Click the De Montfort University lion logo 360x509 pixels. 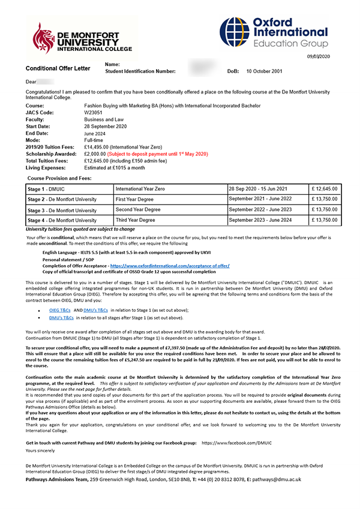pyautogui.click(x=46, y=37)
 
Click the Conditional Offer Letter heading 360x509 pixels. pyautogui.click(x=58, y=68)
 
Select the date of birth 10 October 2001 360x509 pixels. pyautogui.click(x=269, y=71)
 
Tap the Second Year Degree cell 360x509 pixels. pyautogui.click(x=142, y=210)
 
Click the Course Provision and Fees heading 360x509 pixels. pyautogui.click(x=62, y=179)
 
